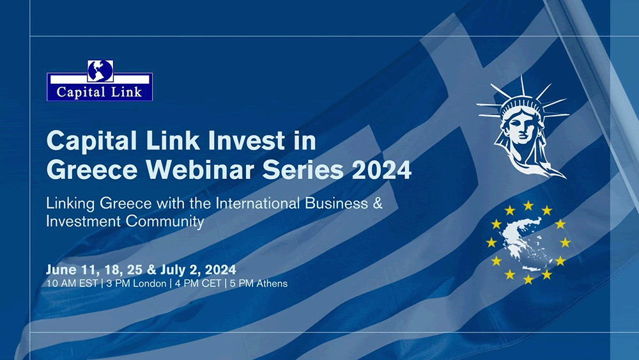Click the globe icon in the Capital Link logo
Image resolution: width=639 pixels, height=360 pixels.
pyautogui.click(x=100, y=70)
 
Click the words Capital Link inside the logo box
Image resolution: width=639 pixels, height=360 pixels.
pyautogui.click(x=100, y=91)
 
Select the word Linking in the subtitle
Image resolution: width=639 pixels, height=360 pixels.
pyautogui.click(x=70, y=204)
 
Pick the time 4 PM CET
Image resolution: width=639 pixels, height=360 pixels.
pyautogui.click(x=199, y=283)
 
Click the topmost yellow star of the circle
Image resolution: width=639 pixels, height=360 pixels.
pyautogui.click(x=528, y=205)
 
